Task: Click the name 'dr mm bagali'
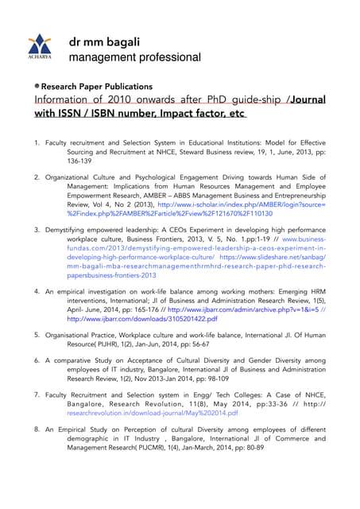(105, 41)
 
